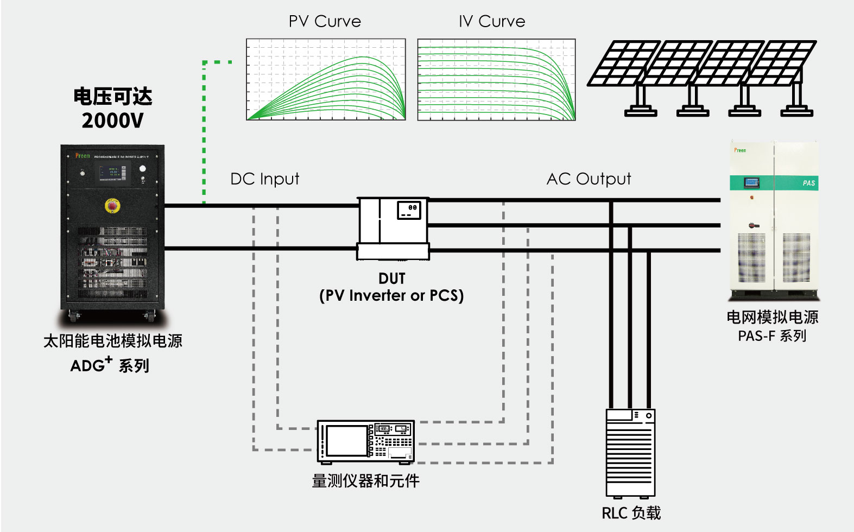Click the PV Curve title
[325, 22]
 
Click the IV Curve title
[492, 22]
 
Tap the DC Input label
[264, 179]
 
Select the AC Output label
[589, 179]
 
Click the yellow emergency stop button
[112, 206]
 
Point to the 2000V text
[113, 121]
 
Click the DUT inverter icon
[393, 228]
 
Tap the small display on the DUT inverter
[409, 210]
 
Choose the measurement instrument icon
[365, 441]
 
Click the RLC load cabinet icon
[630, 453]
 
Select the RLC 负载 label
[631, 513]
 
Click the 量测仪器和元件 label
[365, 481]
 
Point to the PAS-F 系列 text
[771, 336]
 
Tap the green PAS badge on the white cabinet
[808, 183]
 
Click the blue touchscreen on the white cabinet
[752, 182]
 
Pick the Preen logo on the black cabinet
[83, 156]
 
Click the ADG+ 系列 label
[110, 365]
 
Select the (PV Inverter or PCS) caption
[391, 296]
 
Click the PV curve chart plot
[326, 79]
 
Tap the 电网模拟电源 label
[772, 317]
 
